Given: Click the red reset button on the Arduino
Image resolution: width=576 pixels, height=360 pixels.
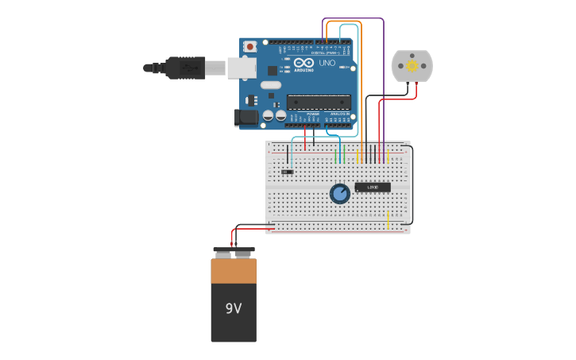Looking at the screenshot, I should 250,47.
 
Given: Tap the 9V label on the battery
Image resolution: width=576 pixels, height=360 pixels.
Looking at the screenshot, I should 233,308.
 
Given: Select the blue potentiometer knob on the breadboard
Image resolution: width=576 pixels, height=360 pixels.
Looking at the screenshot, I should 340,193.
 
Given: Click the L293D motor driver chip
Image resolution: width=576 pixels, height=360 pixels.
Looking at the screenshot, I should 373,188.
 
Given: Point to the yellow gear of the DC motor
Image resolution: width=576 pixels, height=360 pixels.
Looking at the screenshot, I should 412,66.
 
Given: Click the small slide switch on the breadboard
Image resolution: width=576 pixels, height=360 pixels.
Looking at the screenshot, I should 288,172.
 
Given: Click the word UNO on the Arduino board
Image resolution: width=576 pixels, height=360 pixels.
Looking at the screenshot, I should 327,63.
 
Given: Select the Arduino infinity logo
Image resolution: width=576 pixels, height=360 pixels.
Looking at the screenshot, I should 303,62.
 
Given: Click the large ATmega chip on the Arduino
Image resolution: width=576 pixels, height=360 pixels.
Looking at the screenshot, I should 319,102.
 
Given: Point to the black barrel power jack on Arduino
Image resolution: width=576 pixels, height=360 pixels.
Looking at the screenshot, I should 247,118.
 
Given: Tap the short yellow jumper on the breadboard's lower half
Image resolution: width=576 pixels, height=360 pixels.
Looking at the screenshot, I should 388,220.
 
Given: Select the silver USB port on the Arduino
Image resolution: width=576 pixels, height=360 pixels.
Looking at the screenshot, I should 241,68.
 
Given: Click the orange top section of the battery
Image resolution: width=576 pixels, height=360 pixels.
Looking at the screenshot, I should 234,271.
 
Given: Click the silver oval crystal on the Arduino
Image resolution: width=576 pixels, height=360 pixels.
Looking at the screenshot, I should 270,85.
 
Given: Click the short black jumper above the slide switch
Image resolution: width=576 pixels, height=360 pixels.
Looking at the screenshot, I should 288,154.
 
